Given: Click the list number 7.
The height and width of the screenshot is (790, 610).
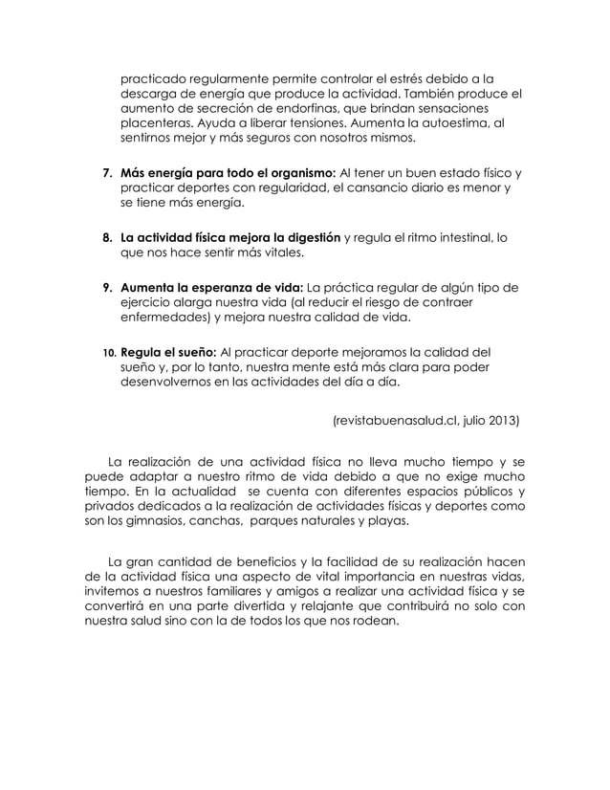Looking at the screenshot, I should (106, 173).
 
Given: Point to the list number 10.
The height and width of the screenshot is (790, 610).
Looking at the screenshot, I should (108, 351).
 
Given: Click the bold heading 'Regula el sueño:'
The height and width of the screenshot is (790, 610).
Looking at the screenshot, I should (166, 351).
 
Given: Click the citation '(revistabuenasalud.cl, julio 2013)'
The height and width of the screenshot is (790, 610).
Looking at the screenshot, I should (426, 419).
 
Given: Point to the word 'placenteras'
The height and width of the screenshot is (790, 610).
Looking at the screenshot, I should (160, 124).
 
